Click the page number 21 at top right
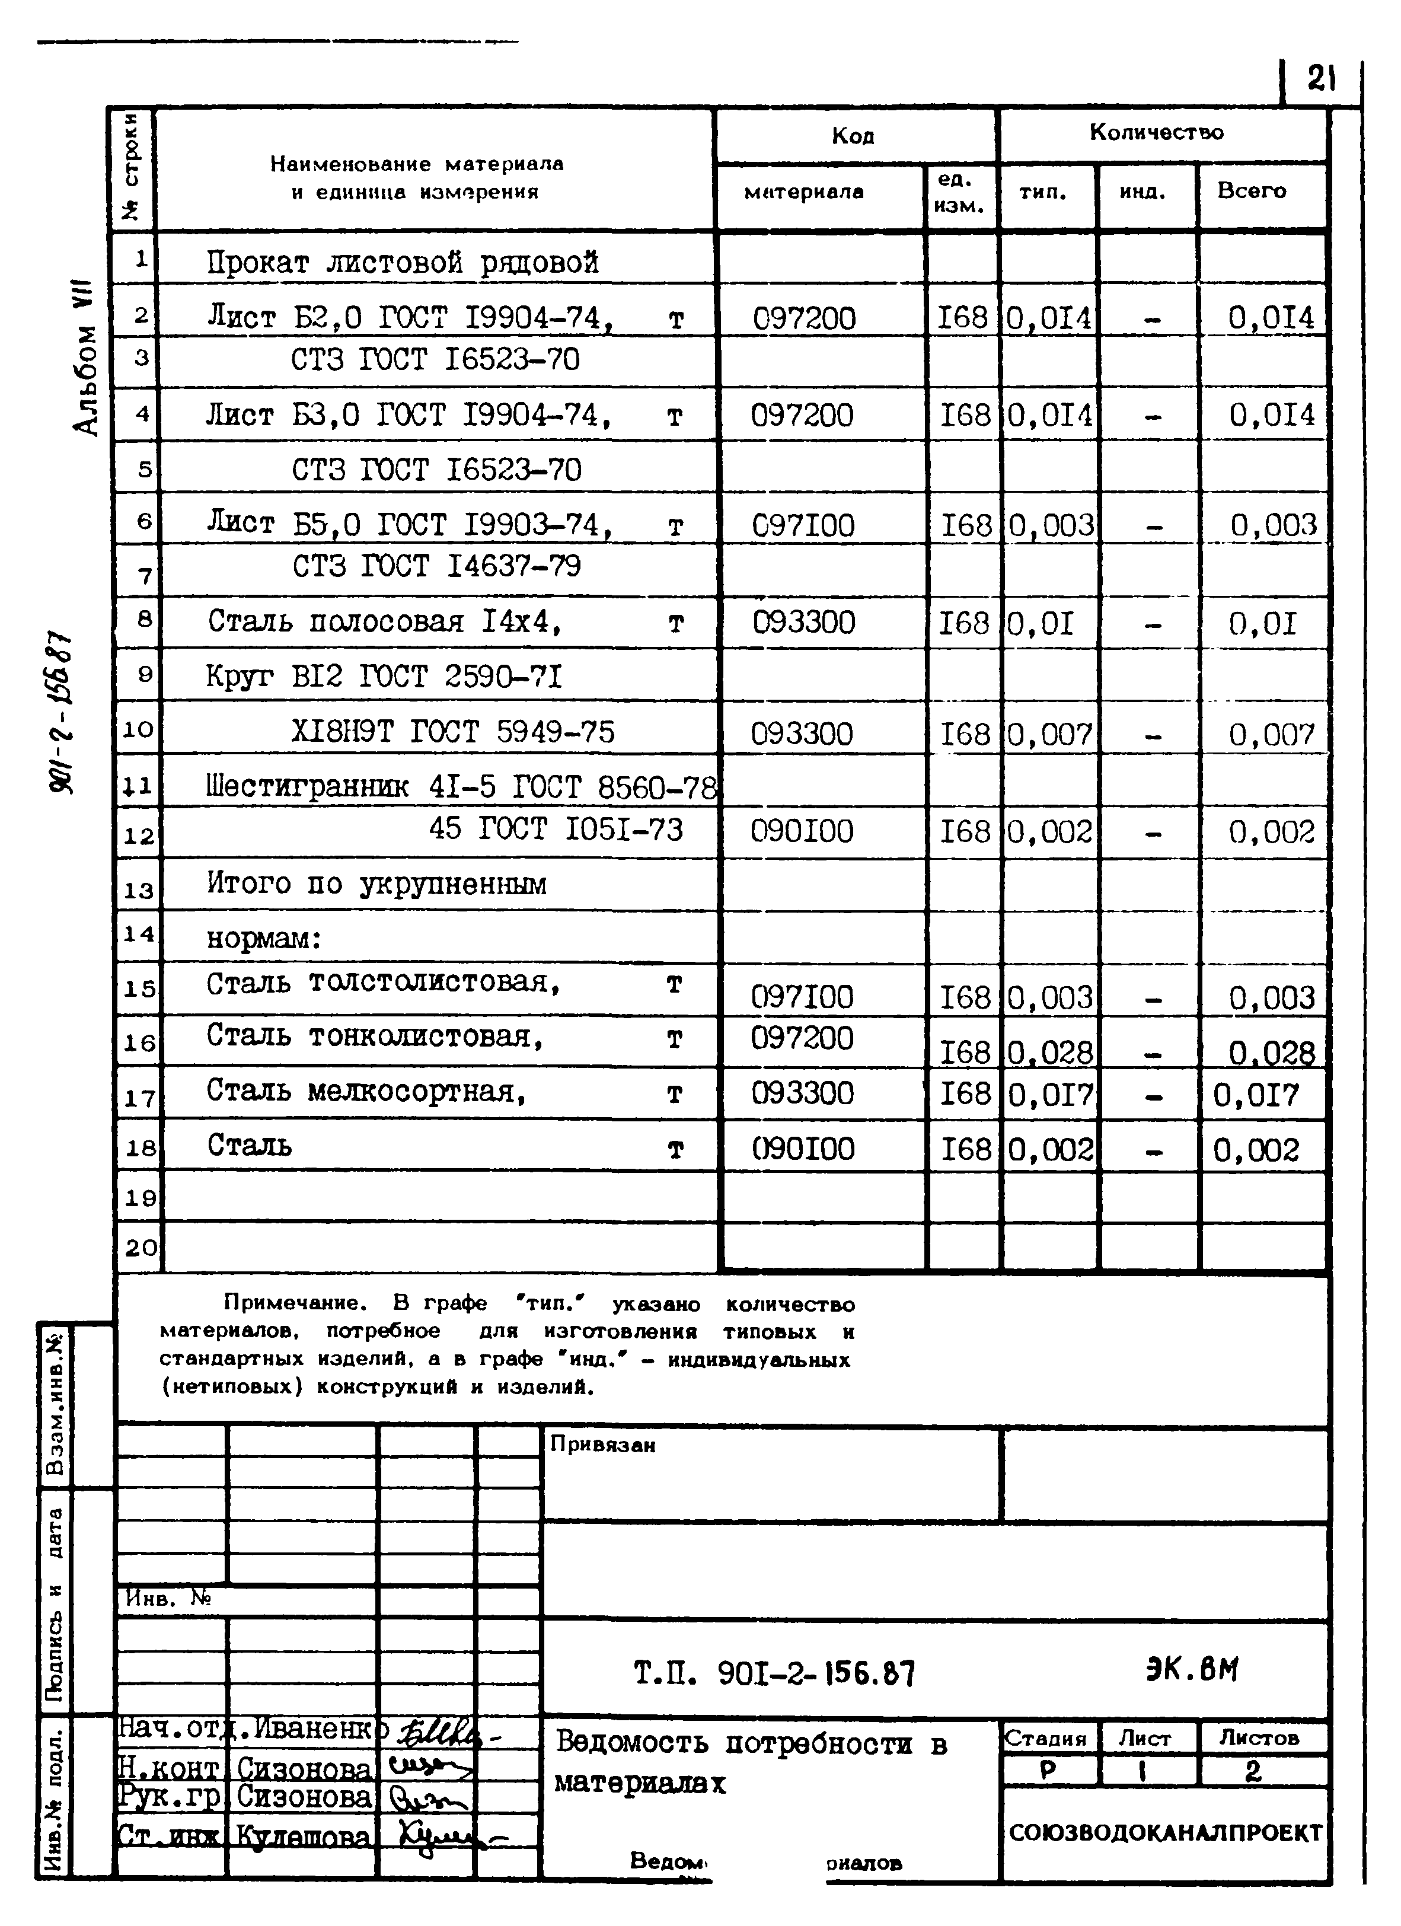pos(1320,80)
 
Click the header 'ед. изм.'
pos(959,192)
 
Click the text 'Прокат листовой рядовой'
pos(403,263)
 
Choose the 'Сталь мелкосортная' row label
pos(366,1091)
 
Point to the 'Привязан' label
pos(603,1444)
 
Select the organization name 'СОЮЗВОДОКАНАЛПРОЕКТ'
pos(1165,1832)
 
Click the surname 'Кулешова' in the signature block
pos(303,1836)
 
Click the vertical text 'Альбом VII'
pos(86,361)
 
